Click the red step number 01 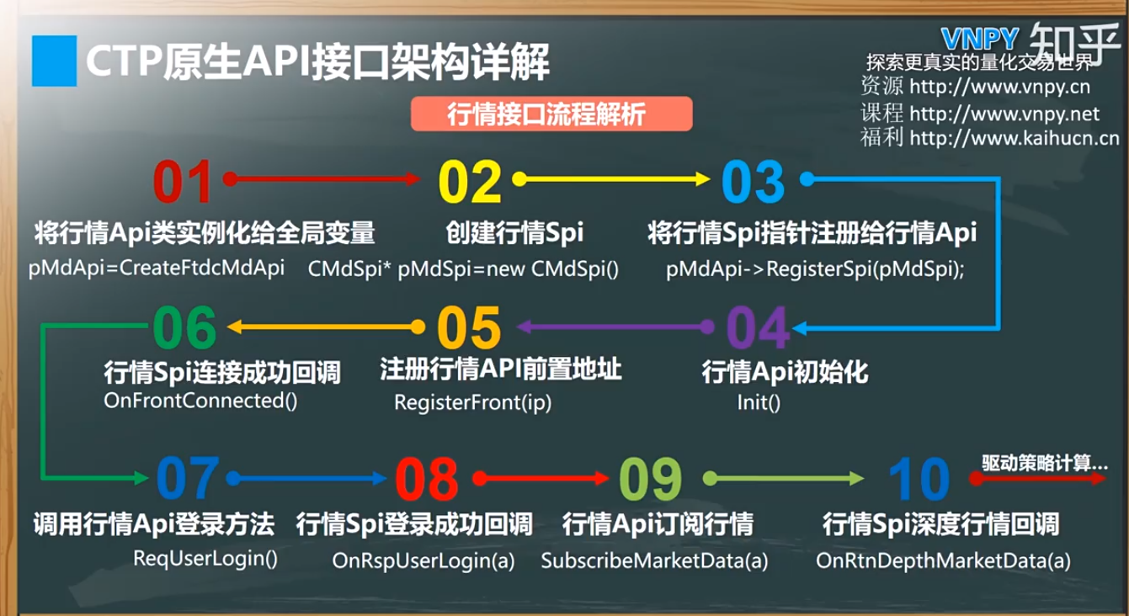(182, 181)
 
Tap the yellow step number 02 (470, 181)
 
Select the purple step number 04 (758, 328)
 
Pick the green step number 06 (184, 327)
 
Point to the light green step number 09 (650, 479)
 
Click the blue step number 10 (919, 479)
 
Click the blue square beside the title (55, 61)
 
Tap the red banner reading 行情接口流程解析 (551, 114)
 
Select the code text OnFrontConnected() (200, 401)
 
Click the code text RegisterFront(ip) (473, 403)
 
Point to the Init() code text (759, 402)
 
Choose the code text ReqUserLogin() (205, 559)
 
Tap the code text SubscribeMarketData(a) (654, 560)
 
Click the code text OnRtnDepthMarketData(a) (943, 560)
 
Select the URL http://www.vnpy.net (1004, 114)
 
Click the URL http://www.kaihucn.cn (1015, 138)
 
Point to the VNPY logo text (979, 40)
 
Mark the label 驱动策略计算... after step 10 (1044, 463)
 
